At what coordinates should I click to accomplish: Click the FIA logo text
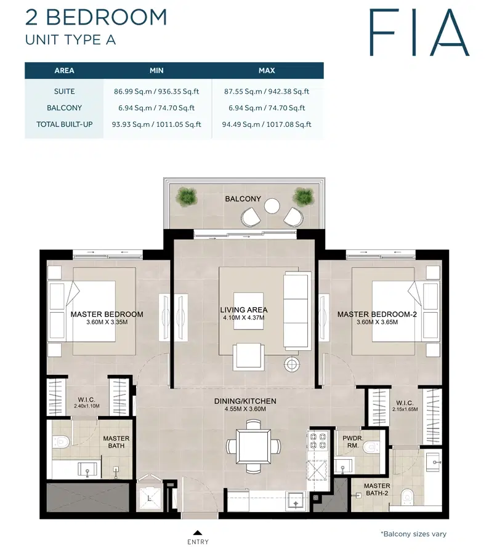point(419,32)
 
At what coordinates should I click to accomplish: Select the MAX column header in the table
point(267,71)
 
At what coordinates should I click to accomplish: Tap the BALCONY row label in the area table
point(65,108)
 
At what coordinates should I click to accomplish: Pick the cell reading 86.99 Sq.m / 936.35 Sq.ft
point(155,92)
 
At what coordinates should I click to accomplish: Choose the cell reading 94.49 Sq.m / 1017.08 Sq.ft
point(267,124)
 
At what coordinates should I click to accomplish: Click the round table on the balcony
point(272,206)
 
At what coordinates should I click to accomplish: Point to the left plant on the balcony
point(185,197)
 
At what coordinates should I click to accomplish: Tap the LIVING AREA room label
point(244,310)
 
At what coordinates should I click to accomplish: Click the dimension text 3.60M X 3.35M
point(107,323)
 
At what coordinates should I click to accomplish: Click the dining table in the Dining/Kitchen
point(253,445)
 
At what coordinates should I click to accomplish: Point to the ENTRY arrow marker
point(197,532)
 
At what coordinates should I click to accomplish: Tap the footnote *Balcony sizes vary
point(413,534)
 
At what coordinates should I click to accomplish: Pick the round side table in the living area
point(291,364)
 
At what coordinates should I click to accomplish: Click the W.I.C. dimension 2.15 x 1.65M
point(406,409)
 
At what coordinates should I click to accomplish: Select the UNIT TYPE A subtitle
point(70,40)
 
